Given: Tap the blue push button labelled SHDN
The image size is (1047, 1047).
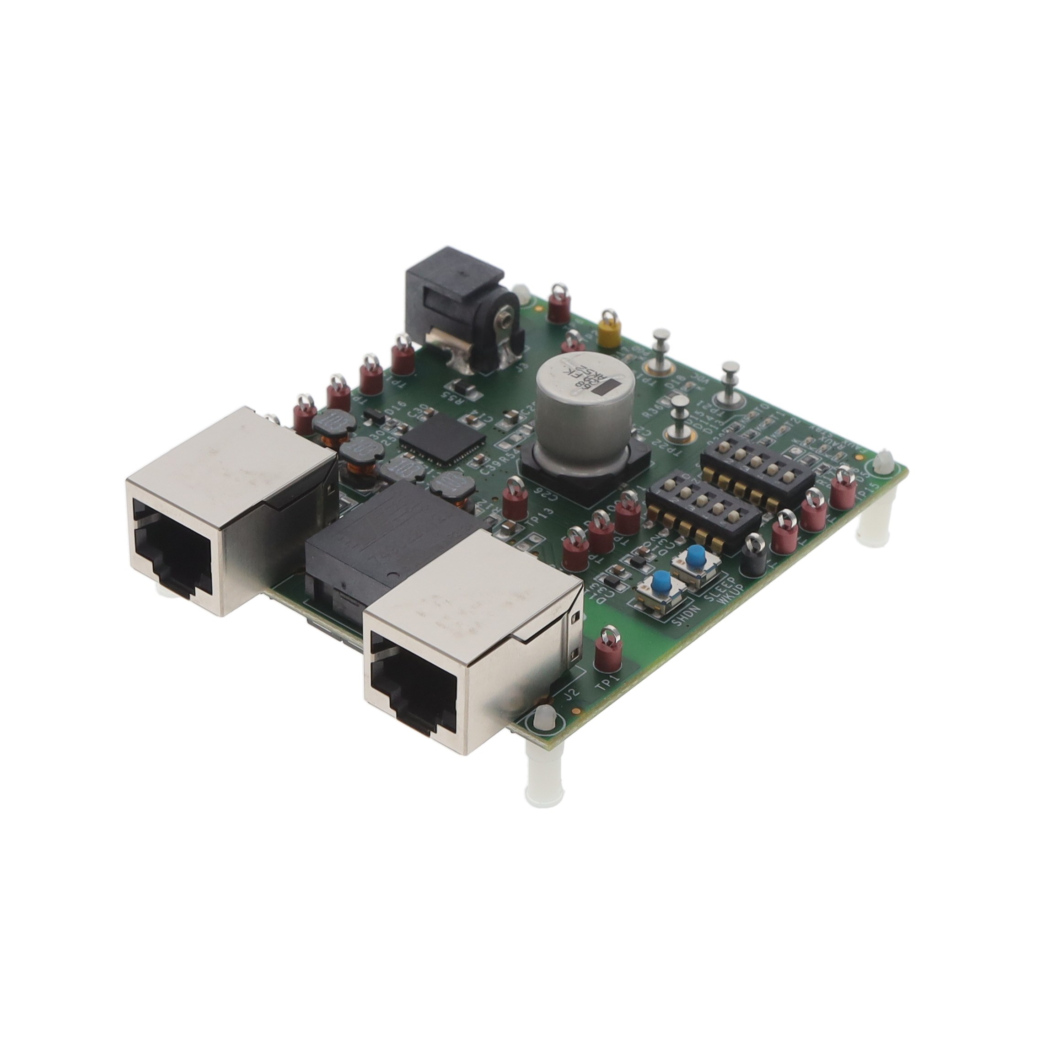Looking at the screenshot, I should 660,584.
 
